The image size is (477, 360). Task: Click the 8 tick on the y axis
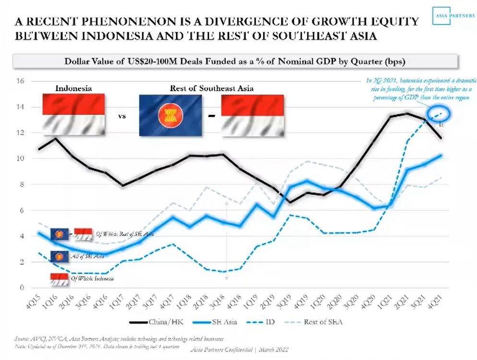(21, 184)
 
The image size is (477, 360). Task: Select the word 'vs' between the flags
(122, 116)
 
